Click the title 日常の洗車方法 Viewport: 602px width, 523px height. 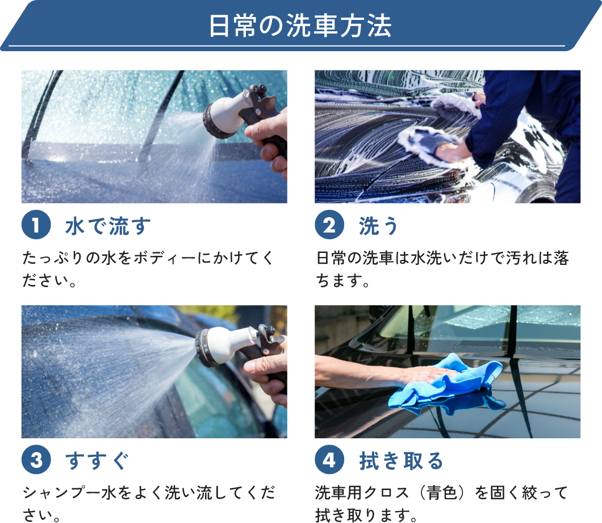300,26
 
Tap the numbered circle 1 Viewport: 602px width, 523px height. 36,225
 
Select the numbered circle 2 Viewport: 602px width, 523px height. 329,225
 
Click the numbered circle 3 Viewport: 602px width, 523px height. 36,459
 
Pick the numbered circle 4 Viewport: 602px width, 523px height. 329,459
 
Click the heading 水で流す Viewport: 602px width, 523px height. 108,226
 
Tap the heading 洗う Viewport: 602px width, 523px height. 379,226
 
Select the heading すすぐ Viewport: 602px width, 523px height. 97,460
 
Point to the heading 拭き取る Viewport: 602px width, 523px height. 401,460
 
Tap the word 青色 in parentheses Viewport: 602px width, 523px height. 442,493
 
